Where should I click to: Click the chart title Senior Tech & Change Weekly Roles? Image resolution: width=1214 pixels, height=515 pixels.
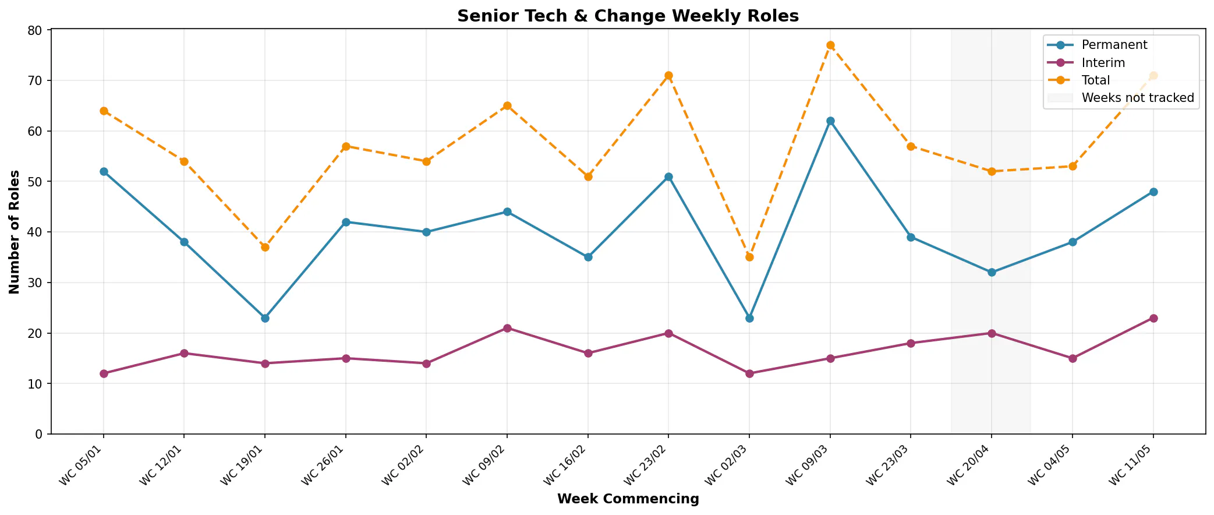pyautogui.click(x=628, y=16)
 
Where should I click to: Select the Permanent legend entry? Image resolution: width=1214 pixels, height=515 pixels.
pyautogui.click(x=1097, y=45)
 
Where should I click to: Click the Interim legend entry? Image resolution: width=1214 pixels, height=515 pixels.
pyautogui.click(x=1086, y=62)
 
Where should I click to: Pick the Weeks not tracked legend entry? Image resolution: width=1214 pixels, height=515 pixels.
pyautogui.click(x=1121, y=98)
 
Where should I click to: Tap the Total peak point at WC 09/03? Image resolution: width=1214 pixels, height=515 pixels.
pyautogui.click(x=830, y=45)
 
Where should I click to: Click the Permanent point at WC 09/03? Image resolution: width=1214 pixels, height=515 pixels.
pyautogui.click(x=830, y=121)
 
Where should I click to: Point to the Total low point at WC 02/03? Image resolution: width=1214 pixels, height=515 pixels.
pyautogui.click(x=749, y=257)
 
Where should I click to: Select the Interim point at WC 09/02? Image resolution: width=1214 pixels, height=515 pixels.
pyautogui.click(x=507, y=328)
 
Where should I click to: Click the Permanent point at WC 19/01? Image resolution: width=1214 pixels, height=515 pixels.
pyautogui.click(x=265, y=318)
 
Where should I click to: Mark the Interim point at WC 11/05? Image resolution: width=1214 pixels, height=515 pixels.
pyautogui.click(x=1153, y=318)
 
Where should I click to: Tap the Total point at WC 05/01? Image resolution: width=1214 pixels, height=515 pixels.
pyautogui.click(x=104, y=111)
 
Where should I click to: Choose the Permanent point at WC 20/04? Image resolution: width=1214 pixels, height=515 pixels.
pyautogui.click(x=992, y=272)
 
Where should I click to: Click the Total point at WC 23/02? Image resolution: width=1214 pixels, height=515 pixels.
pyautogui.click(x=668, y=76)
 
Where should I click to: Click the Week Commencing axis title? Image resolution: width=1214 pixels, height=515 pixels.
pyautogui.click(x=628, y=499)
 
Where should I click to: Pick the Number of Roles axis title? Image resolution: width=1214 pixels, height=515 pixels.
pyautogui.click(x=15, y=232)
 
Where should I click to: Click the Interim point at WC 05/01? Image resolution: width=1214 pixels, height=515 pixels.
pyautogui.click(x=104, y=373)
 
